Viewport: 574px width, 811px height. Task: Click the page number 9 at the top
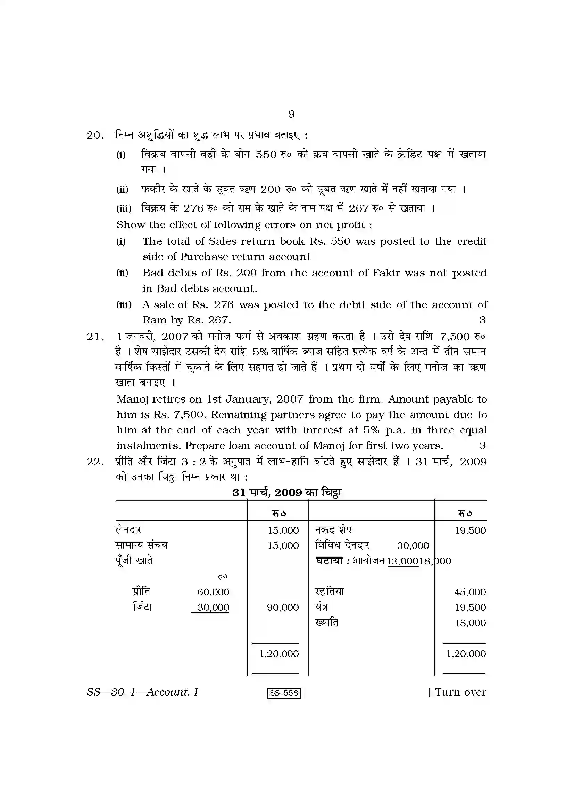tap(291, 114)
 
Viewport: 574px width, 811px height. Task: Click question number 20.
tap(95, 135)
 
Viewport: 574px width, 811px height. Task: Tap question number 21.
tap(95, 337)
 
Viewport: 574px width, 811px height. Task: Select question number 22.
tap(95, 462)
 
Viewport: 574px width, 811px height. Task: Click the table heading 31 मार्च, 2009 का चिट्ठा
tap(286, 493)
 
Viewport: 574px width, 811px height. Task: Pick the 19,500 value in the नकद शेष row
tap(470, 530)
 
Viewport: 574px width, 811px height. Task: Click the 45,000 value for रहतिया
tap(470, 592)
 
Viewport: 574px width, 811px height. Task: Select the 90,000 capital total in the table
tap(283, 607)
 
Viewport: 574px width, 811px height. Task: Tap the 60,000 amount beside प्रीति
tap(213, 592)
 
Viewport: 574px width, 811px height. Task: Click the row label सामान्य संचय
tap(141, 545)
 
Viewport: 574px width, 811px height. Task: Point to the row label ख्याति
tap(326, 623)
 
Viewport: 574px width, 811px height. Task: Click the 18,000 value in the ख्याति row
tap(470, 623)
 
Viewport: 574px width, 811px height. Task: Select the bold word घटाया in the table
tap(329, 561)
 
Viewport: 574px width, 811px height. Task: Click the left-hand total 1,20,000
tap(279, 654)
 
